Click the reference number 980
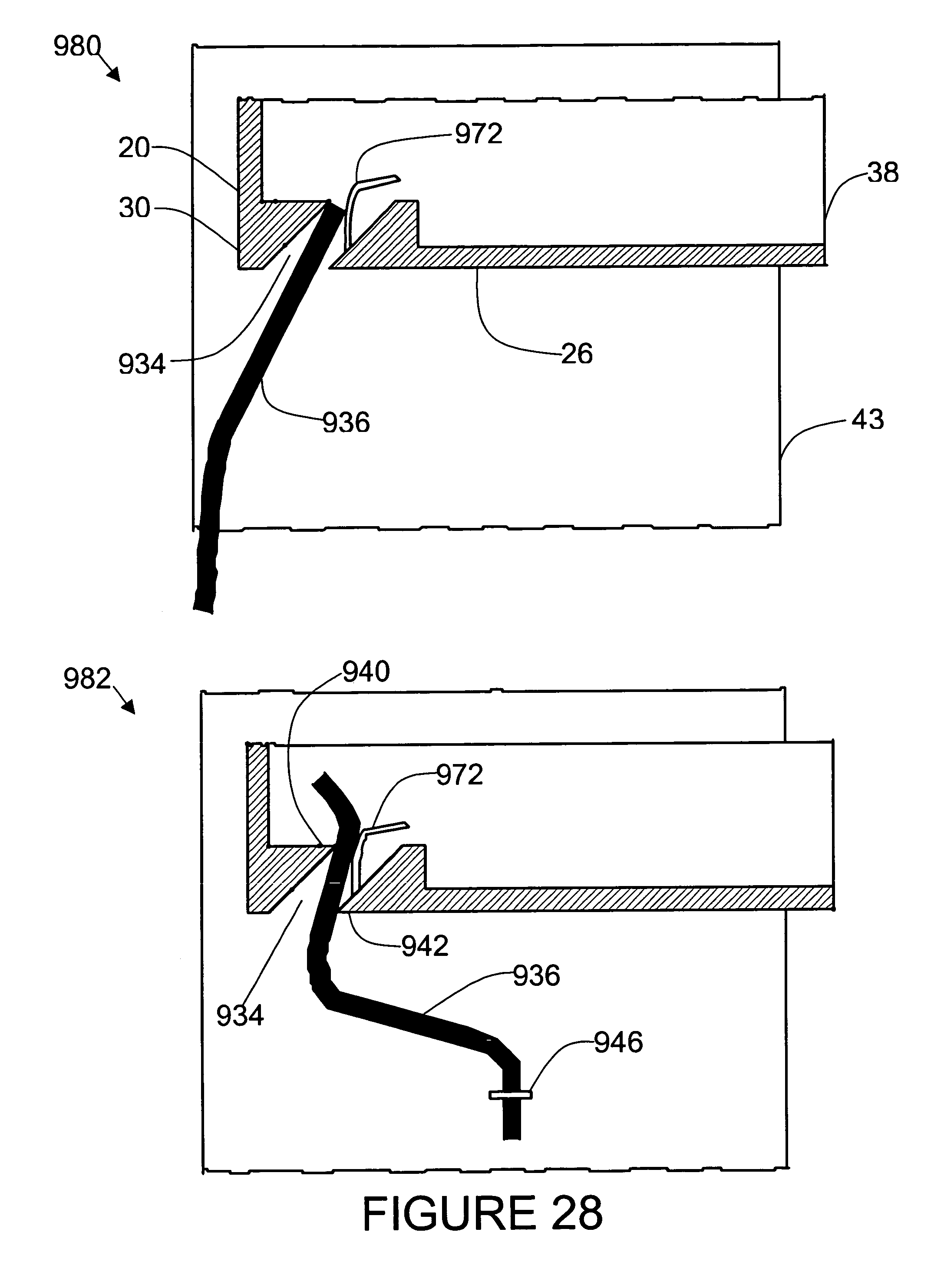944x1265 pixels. (77, 47)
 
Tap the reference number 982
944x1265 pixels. (87, 679)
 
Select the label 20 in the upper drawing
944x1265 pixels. (134, 148)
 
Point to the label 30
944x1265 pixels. (134, 208)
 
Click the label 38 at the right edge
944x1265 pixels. (883, 172)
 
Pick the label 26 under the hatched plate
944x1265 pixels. (577, 354)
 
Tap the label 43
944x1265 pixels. (868, 419)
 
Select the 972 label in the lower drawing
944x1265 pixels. (460, 775)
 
